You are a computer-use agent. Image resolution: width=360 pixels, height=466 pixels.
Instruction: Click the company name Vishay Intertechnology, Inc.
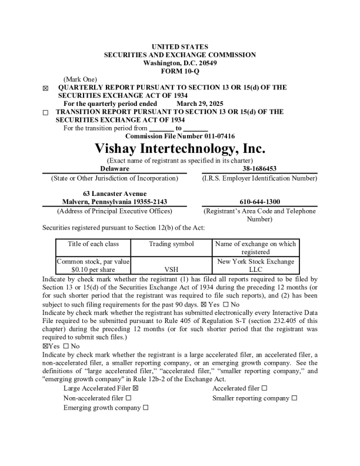point(180,148)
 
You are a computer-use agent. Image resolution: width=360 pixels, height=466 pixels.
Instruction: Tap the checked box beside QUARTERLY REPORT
point(46,88)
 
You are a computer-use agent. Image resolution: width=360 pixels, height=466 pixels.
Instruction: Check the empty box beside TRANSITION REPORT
point(46,112)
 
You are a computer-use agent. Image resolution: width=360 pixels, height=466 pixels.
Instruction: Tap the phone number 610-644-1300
point(259,202)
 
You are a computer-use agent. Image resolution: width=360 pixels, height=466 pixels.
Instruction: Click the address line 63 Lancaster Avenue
point(114,194)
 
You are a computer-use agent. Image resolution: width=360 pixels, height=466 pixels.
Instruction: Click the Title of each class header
point(93,244)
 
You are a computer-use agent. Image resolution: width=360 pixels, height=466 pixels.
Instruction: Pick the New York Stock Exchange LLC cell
point(255,265)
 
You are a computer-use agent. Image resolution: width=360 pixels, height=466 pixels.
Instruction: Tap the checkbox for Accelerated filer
point(264,388)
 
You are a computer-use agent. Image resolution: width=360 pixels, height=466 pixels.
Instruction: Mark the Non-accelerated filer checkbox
point(128,398)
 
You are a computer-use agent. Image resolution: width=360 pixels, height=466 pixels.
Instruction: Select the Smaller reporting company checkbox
point(294,398)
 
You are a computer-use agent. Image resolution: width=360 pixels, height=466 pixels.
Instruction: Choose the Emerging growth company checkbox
point(145,408)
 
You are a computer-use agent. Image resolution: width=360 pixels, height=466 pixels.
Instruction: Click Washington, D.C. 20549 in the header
point(180,63)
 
